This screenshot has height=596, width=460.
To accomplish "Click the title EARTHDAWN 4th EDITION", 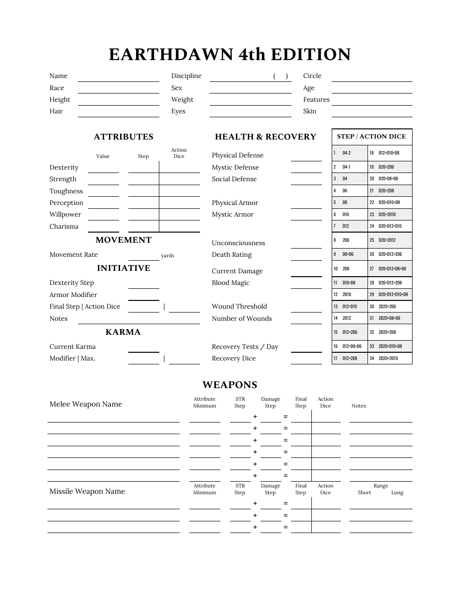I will (x=230, y=54).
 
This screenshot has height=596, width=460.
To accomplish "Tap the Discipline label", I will (x=186, y=76).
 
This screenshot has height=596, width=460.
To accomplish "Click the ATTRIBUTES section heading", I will (x=123, y=137).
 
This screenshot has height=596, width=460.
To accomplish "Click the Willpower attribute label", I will (x=65, y=215).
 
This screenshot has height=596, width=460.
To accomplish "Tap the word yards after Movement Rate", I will (x=168, y=256).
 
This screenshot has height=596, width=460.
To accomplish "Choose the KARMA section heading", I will (x=123, y=332).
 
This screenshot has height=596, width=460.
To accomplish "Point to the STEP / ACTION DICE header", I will (x=371, y=137).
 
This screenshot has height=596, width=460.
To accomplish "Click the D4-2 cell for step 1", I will (x=346, y=153).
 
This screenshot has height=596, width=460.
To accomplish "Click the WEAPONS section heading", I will (x=230, y=385).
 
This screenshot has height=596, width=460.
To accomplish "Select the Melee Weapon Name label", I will (x=86, y=404).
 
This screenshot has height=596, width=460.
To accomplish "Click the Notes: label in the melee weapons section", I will (x=359, y=406).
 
